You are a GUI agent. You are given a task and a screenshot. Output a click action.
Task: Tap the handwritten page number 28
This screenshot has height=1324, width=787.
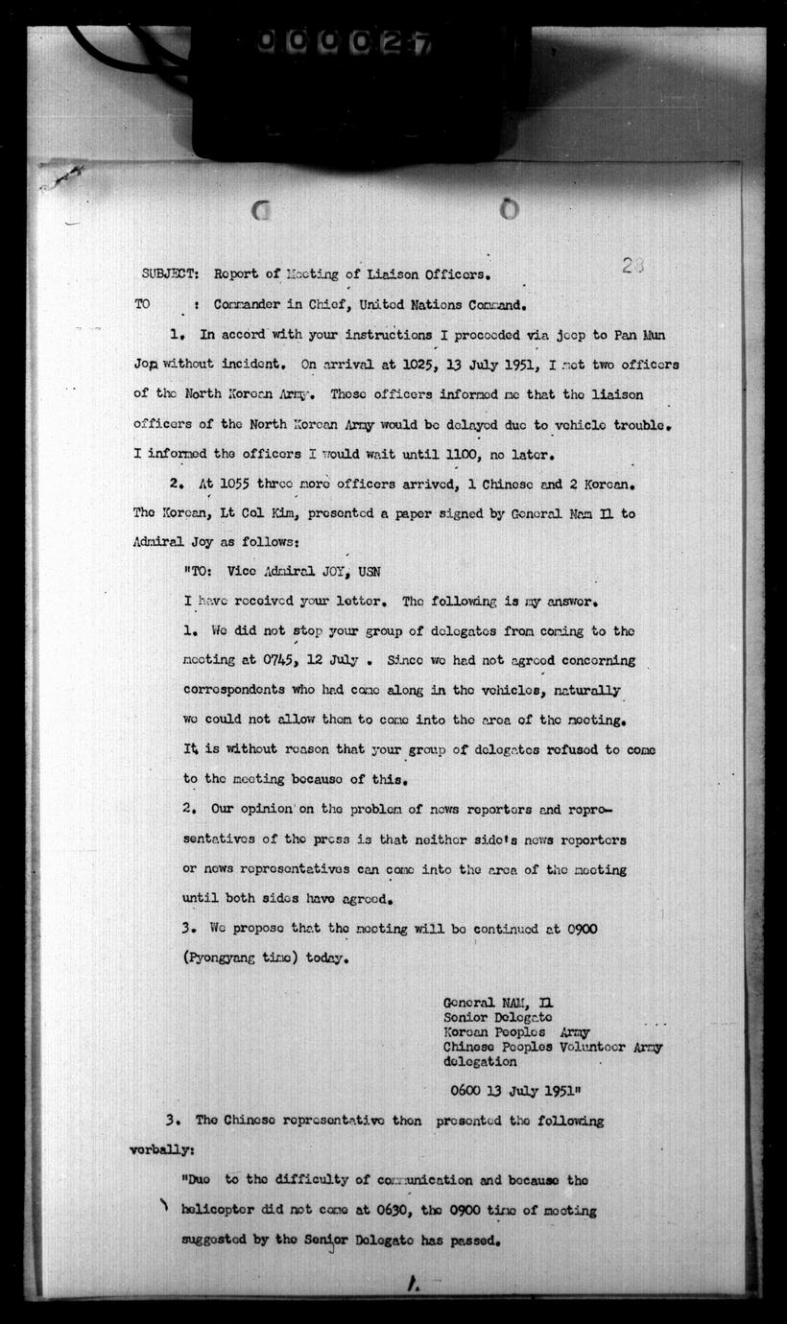pos(632,266)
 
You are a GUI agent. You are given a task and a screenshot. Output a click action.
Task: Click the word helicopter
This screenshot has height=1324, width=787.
pos(220,1211)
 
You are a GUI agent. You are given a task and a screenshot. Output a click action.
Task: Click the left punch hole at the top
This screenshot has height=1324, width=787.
pos(260,209)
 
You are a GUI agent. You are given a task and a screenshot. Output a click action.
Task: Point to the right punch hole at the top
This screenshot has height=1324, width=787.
pos(509,208)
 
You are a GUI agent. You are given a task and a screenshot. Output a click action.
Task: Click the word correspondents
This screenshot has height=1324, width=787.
pos(238,691)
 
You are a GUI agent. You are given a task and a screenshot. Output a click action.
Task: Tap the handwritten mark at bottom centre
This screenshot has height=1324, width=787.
pos(413,1283)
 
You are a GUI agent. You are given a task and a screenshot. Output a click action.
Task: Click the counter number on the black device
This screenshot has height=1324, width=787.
pos(344,42)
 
